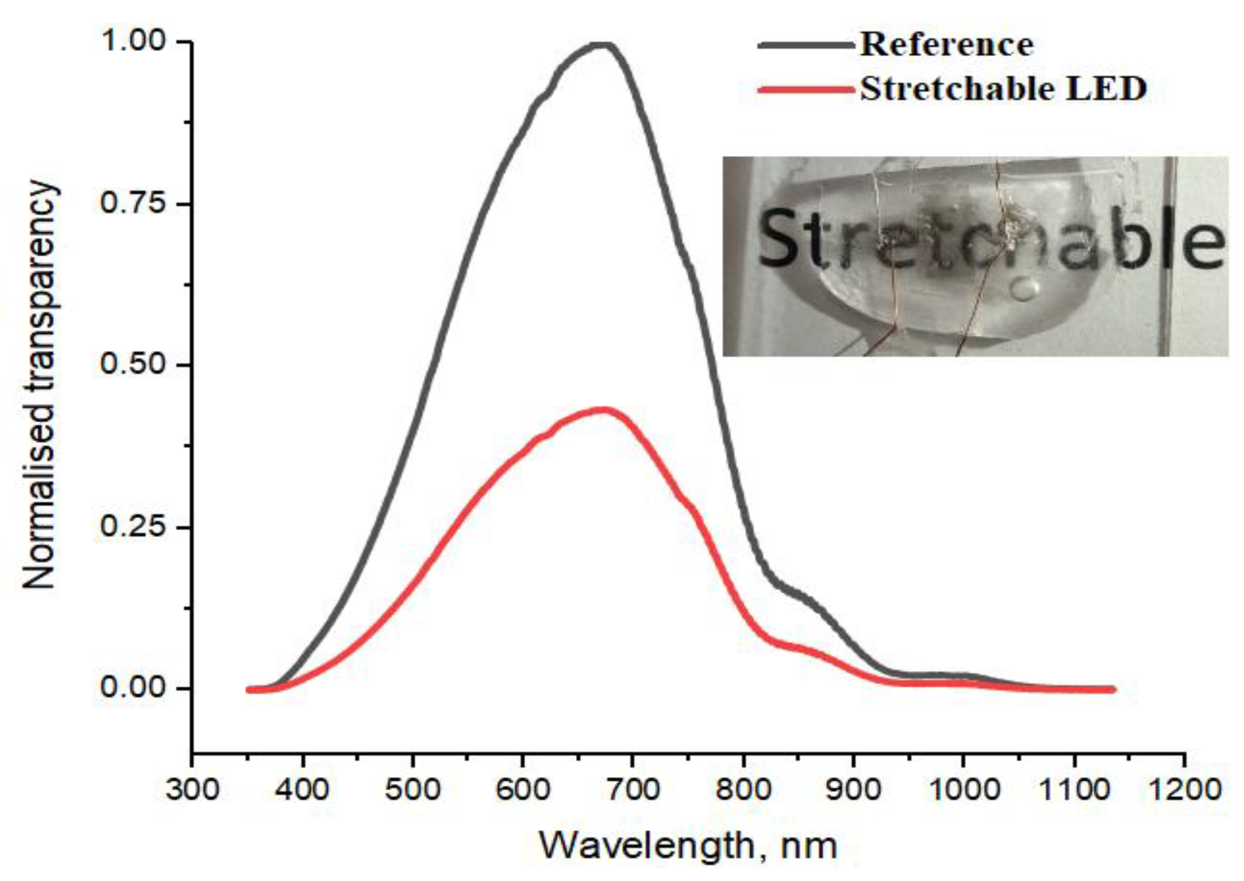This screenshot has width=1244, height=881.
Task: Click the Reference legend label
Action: (x=946, y=44)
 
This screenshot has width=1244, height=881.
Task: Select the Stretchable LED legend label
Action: (x=1003, y=89)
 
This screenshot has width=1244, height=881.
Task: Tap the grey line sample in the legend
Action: (x=805, y=45)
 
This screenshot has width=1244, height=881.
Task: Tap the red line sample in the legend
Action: (x=805, y=89)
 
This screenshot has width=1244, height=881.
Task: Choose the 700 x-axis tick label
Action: (x=632, y=790)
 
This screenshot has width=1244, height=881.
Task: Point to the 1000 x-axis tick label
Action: (x=963, y=790)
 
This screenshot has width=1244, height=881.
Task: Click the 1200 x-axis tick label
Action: (x=1183, y=790)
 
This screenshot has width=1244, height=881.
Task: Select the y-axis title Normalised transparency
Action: (x=39, y=386)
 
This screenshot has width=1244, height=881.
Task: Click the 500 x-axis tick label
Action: (x=412, y=790)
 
